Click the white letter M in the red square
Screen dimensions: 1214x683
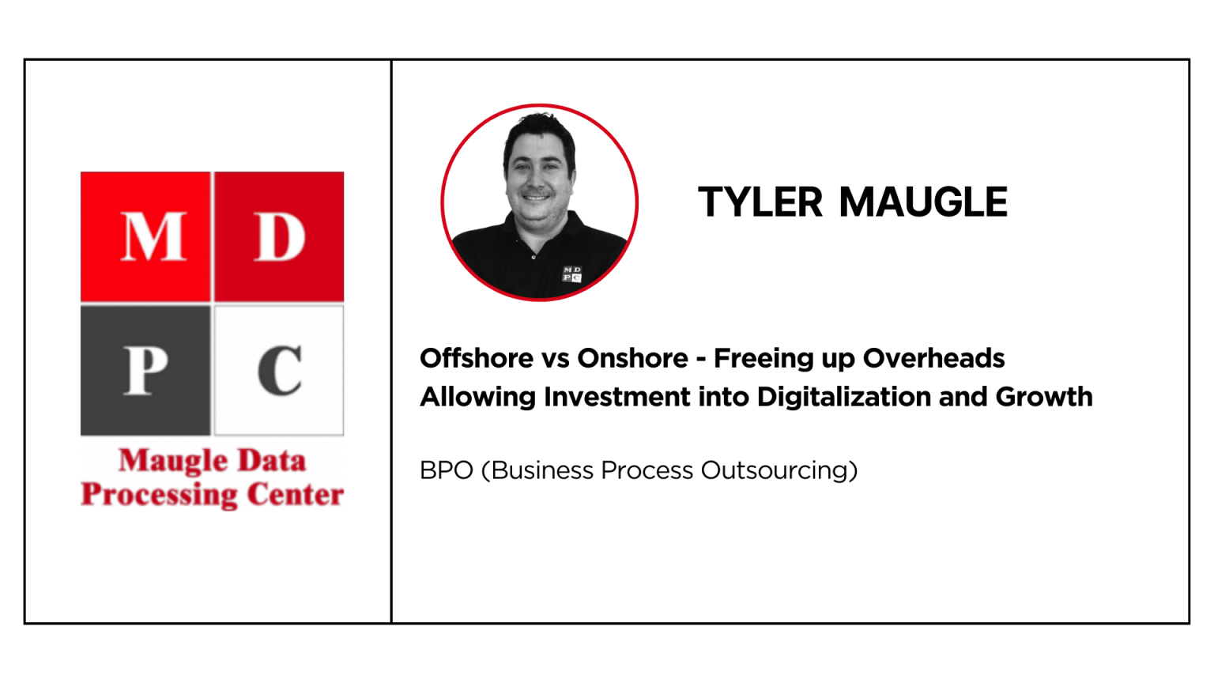[153, 237]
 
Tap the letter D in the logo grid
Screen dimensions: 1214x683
[281, 237]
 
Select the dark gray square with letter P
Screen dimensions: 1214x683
[145, 370]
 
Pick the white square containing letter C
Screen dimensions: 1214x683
[279, 370]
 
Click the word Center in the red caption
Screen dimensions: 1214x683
[296, 494]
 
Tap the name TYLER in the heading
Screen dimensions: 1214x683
[760, 202]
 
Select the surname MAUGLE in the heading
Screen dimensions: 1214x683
[923, 202]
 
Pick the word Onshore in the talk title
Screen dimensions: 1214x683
[632, 358]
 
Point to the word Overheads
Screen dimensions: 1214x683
[933, 358]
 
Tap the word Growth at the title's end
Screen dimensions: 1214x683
[1044, 397]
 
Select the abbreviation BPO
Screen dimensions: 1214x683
[447, 470]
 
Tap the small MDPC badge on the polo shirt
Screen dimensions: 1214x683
[571, 274]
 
